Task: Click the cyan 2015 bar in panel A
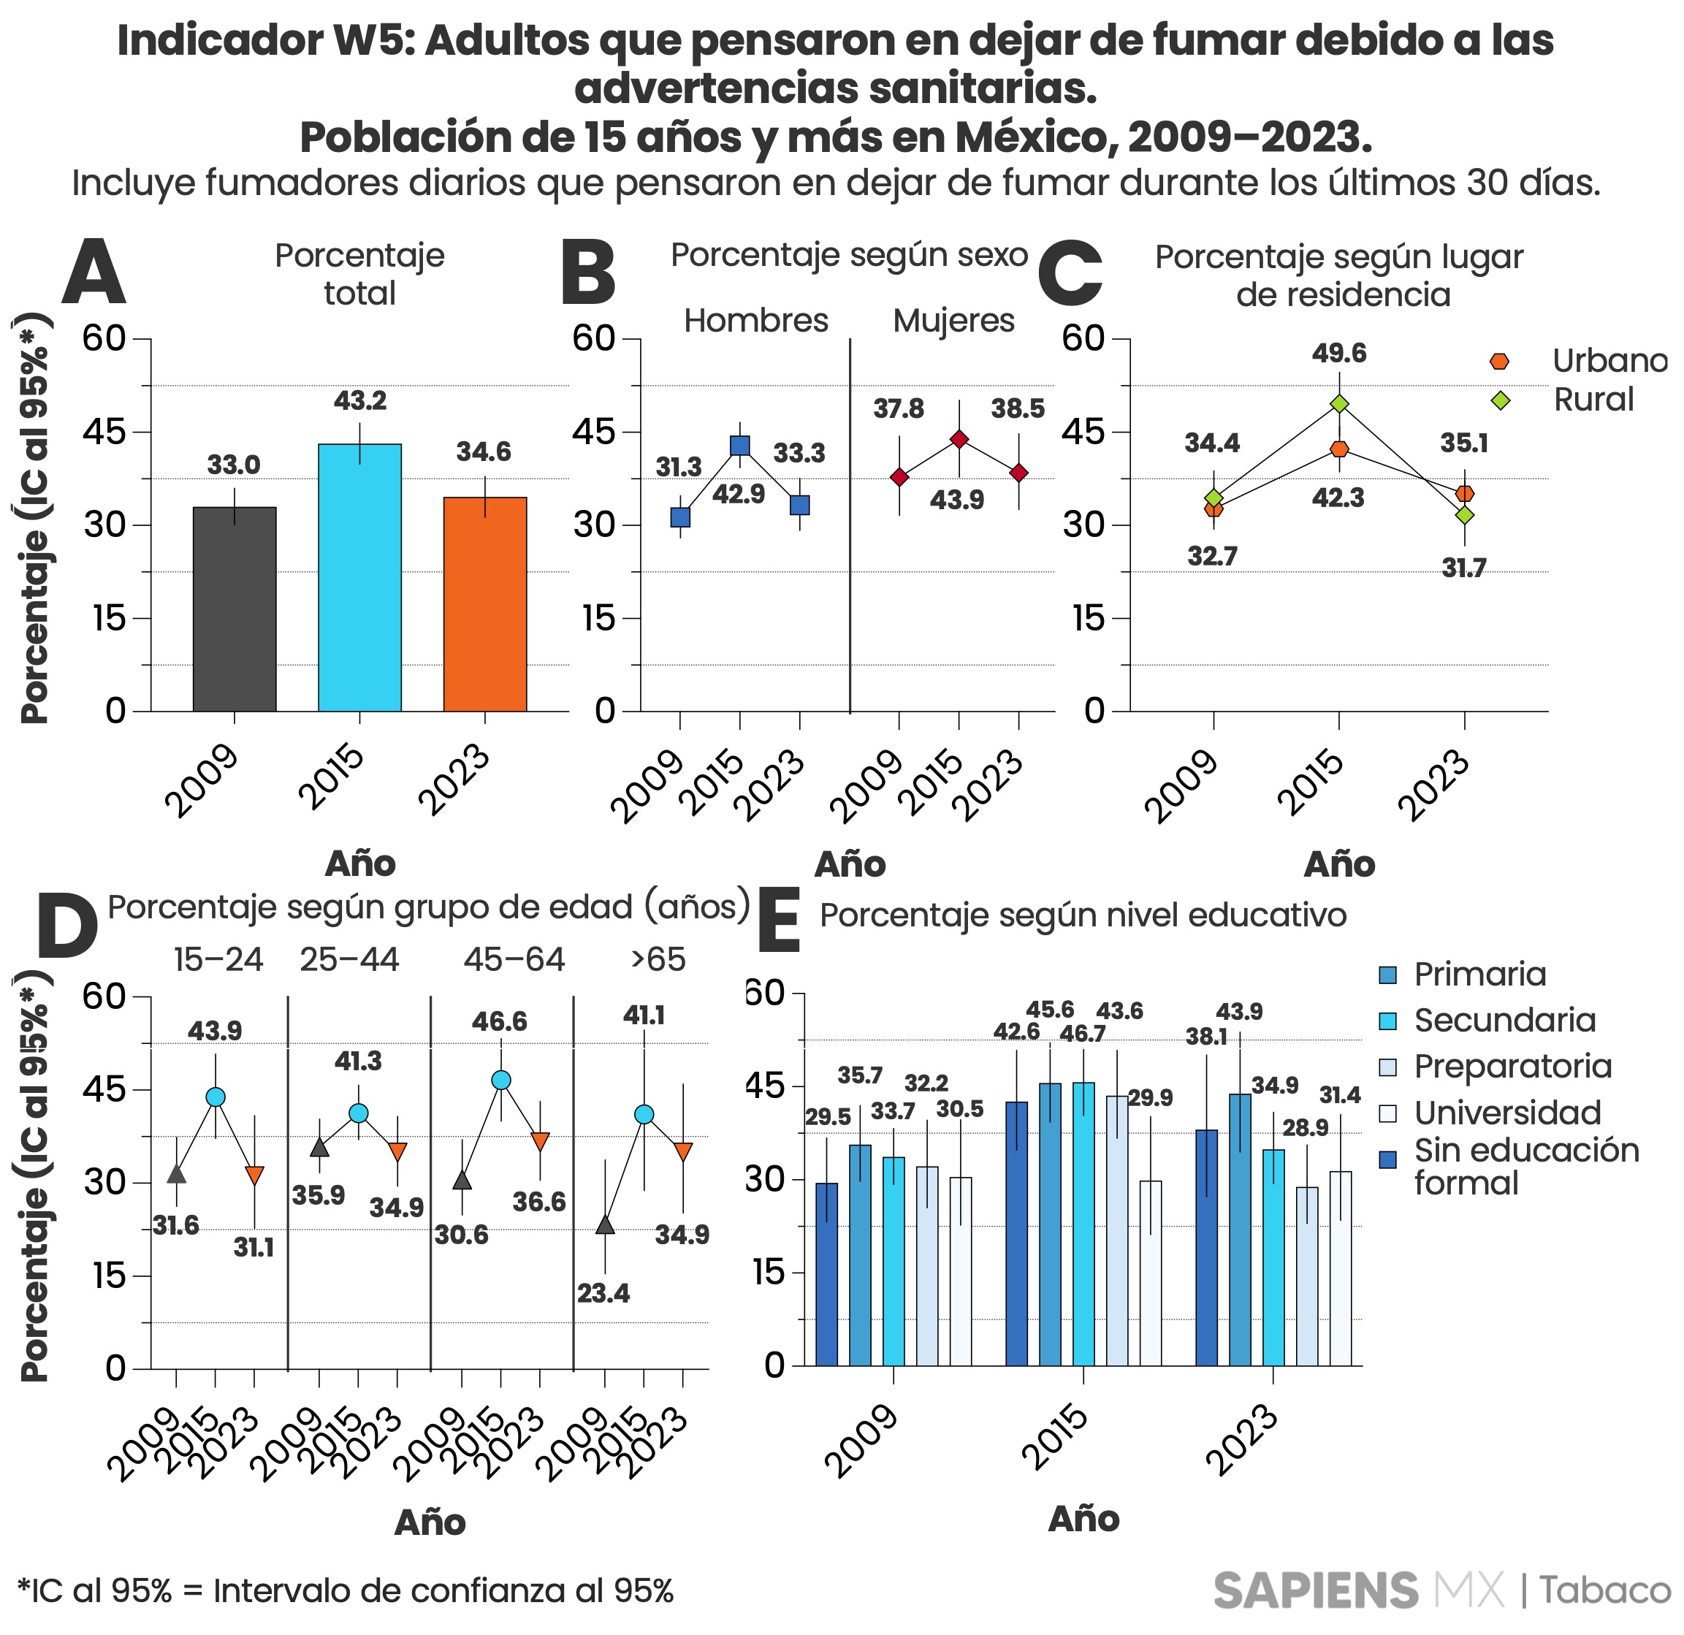tap(359, 577)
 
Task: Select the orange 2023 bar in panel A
tap(484, 604)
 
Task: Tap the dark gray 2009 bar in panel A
tap(234, 609)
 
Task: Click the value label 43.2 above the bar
tap(359, 400)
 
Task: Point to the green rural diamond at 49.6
tap(1338, 404)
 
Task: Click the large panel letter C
tap(1069, 275)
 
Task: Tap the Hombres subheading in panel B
tap(755, 321)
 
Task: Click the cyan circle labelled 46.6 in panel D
tap(501, 1080)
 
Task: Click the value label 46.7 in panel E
tap(1082, 1034)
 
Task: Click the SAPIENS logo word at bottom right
tap(1314, 1590)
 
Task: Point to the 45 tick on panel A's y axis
tap(104, 432)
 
